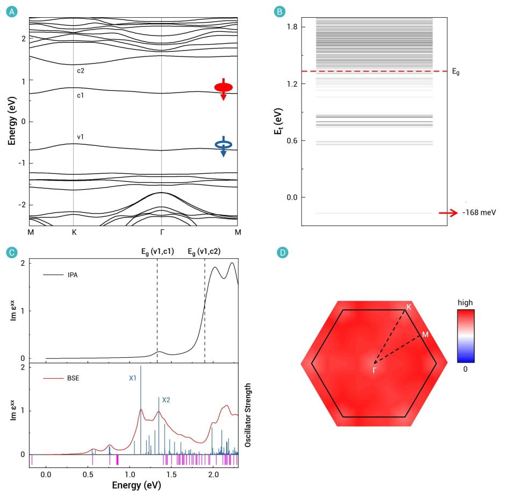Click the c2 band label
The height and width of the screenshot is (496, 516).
(x=80, y=70)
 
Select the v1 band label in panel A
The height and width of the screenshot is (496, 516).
(x=80, y=137)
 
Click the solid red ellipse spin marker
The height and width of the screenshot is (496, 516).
(x=224, y=87)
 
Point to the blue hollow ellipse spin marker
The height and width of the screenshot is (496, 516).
(x=224, y=144)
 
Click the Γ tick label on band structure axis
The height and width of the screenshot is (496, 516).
(x=161, y=232)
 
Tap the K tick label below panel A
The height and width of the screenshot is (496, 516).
(x=73, y=232)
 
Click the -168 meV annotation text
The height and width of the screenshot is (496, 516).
(x=479, y=213)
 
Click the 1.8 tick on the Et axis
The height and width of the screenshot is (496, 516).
(x=292, y=27)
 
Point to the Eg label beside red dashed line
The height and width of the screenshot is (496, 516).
(x=456, y=71)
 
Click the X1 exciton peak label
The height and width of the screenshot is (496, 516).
(x=133, y=378)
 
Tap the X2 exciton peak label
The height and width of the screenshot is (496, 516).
(x=167, y=400)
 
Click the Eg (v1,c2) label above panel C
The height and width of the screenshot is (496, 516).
(x=204, y=251)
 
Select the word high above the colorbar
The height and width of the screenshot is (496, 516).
(x=465, y=303)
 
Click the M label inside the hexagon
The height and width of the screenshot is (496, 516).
(x=425, y=335)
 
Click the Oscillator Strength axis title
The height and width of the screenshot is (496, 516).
(x=248, y=415)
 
